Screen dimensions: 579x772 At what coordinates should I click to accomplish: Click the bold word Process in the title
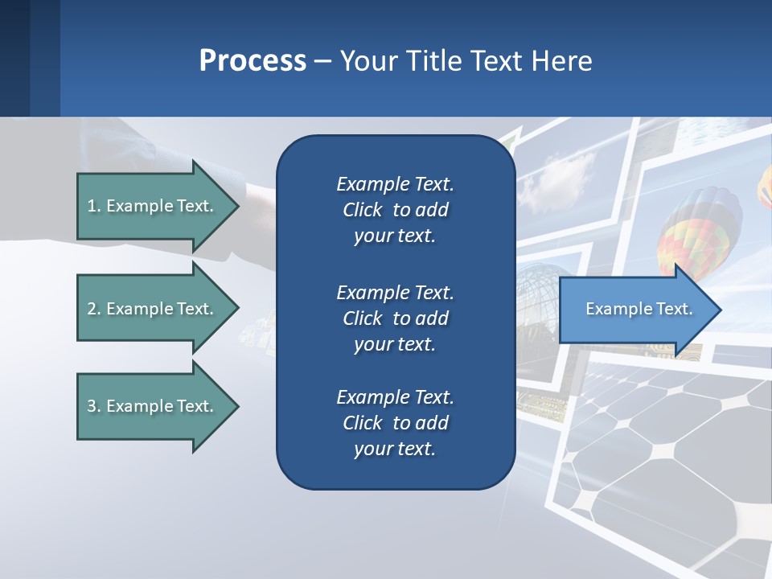[253, 60]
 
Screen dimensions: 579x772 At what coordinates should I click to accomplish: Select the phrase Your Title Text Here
[466, 60]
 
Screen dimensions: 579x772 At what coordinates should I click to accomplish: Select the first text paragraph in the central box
[395, 210]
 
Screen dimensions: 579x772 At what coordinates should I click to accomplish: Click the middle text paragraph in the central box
[395, 318]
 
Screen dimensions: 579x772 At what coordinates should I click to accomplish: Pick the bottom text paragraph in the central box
[395, 423]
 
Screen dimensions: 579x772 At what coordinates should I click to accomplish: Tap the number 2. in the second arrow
[93, 309]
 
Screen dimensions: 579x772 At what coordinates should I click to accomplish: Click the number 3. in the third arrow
[93, 406]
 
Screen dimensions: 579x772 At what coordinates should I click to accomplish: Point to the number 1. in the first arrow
[93, 206]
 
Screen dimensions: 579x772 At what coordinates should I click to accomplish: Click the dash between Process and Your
[322, 61]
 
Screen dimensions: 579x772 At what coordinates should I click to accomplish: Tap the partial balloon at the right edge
[765, 185]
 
